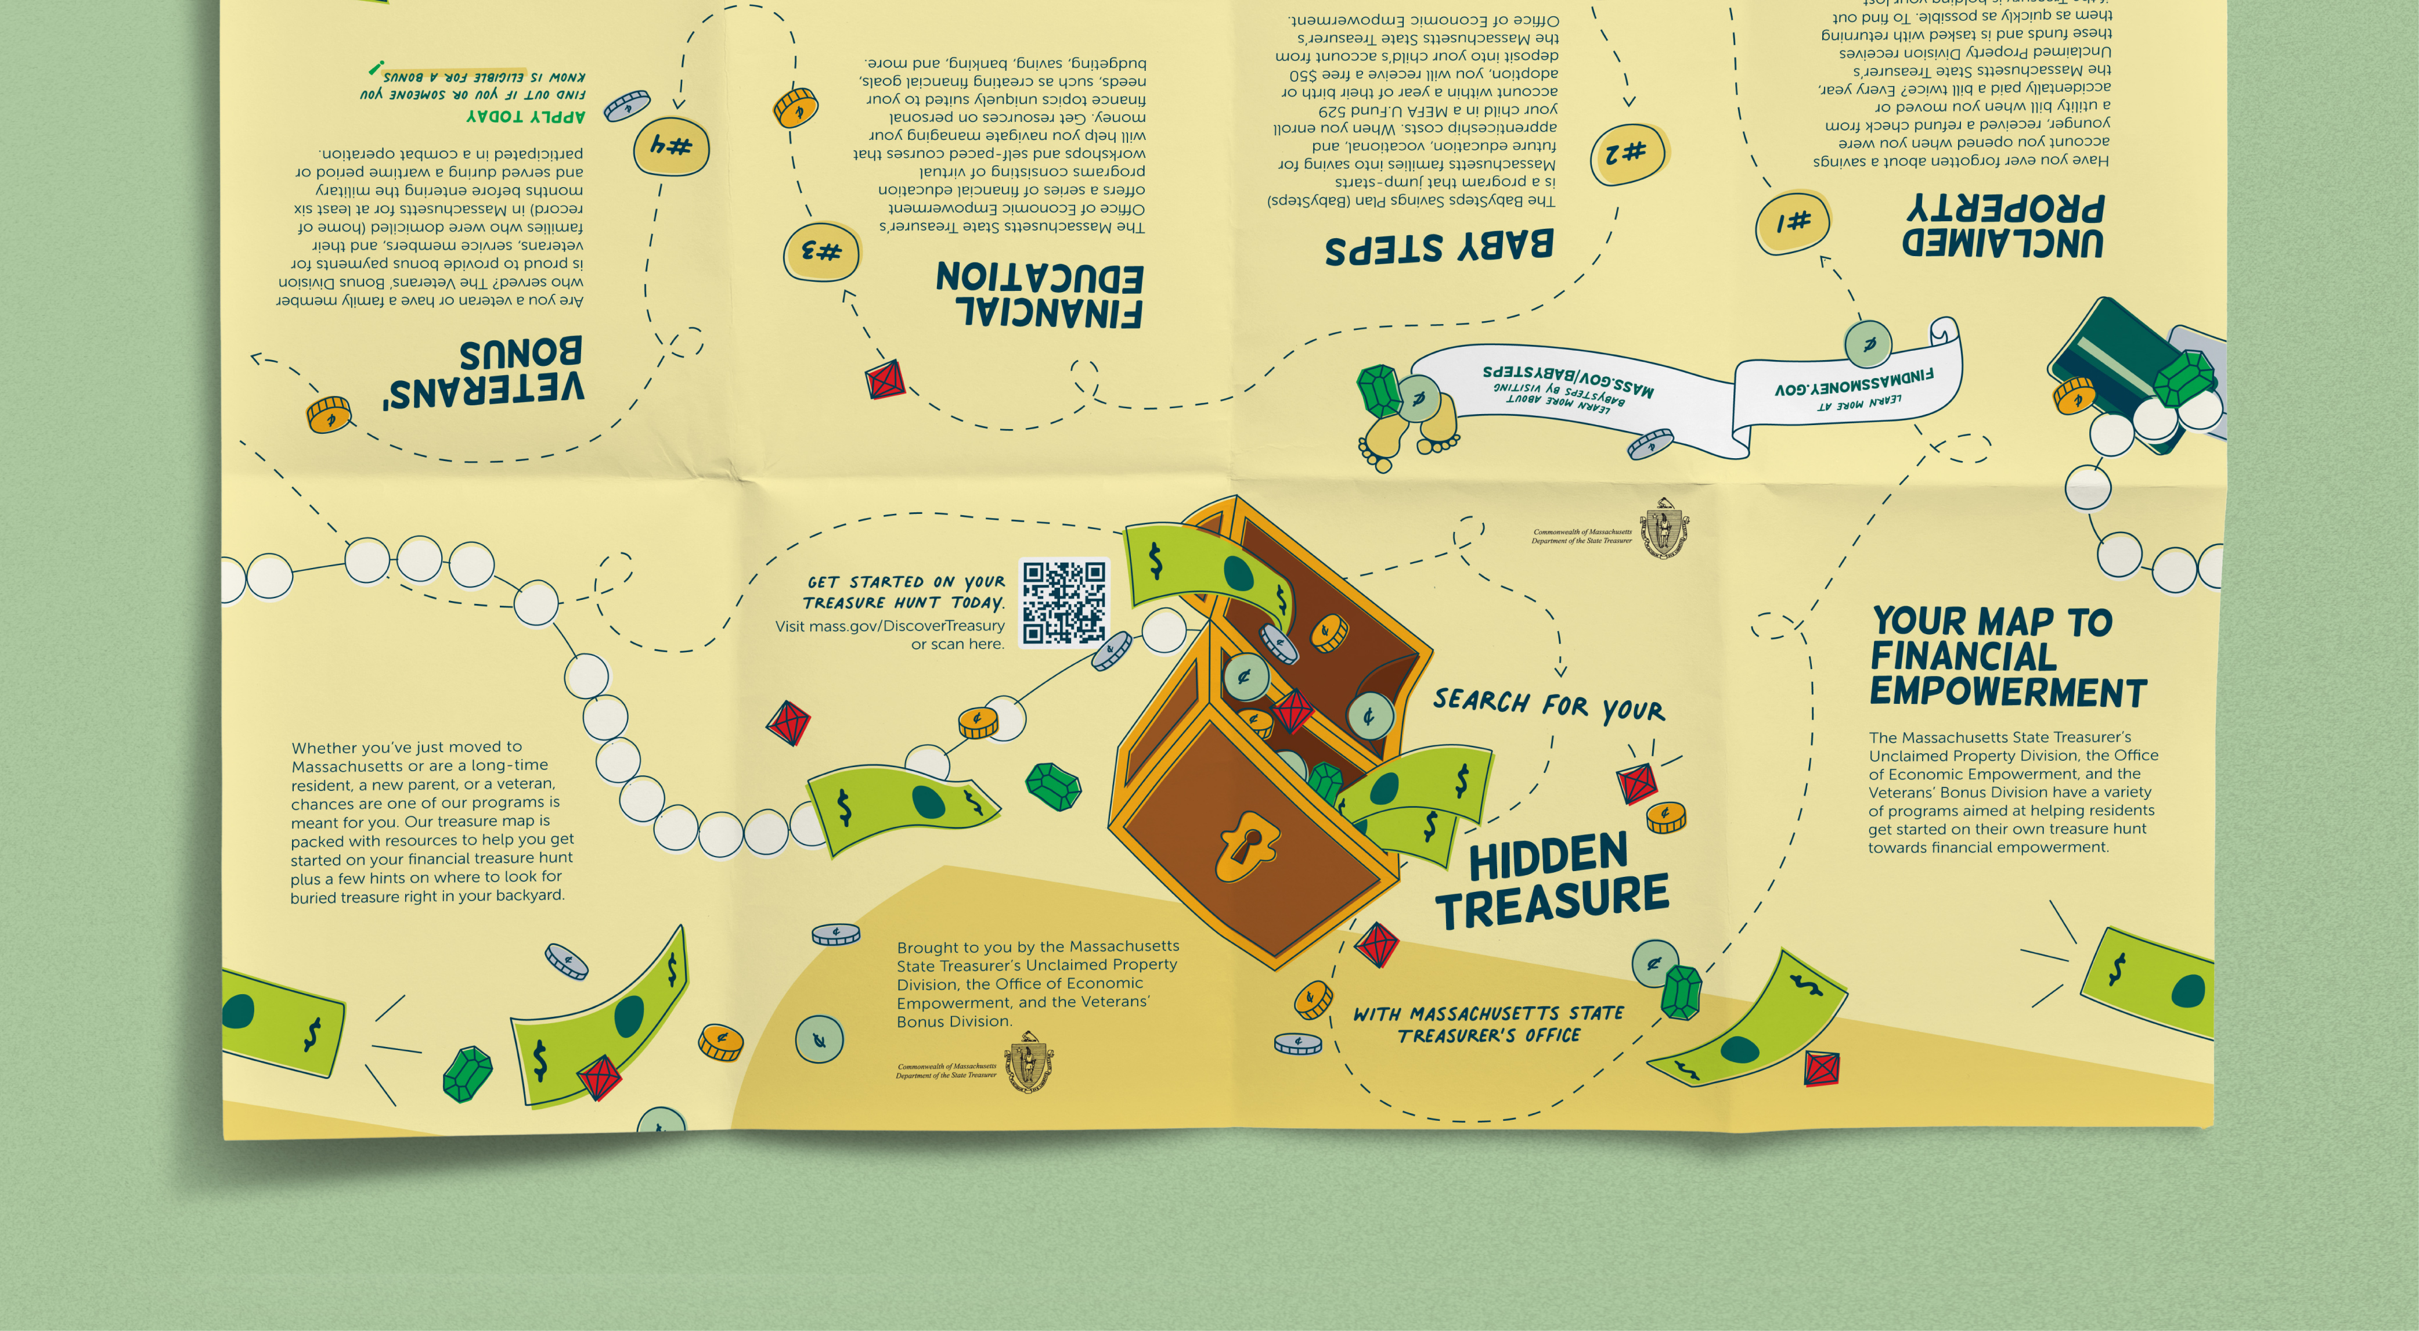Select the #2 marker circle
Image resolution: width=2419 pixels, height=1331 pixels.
(1627, 153)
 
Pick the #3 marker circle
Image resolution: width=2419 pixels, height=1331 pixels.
(821, 253)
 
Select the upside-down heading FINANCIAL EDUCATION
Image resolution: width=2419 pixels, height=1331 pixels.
(1040, 294)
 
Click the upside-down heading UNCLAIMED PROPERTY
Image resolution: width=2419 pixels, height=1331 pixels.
(2004, 225)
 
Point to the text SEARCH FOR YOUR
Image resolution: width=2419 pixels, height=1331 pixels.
(1548, 706)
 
